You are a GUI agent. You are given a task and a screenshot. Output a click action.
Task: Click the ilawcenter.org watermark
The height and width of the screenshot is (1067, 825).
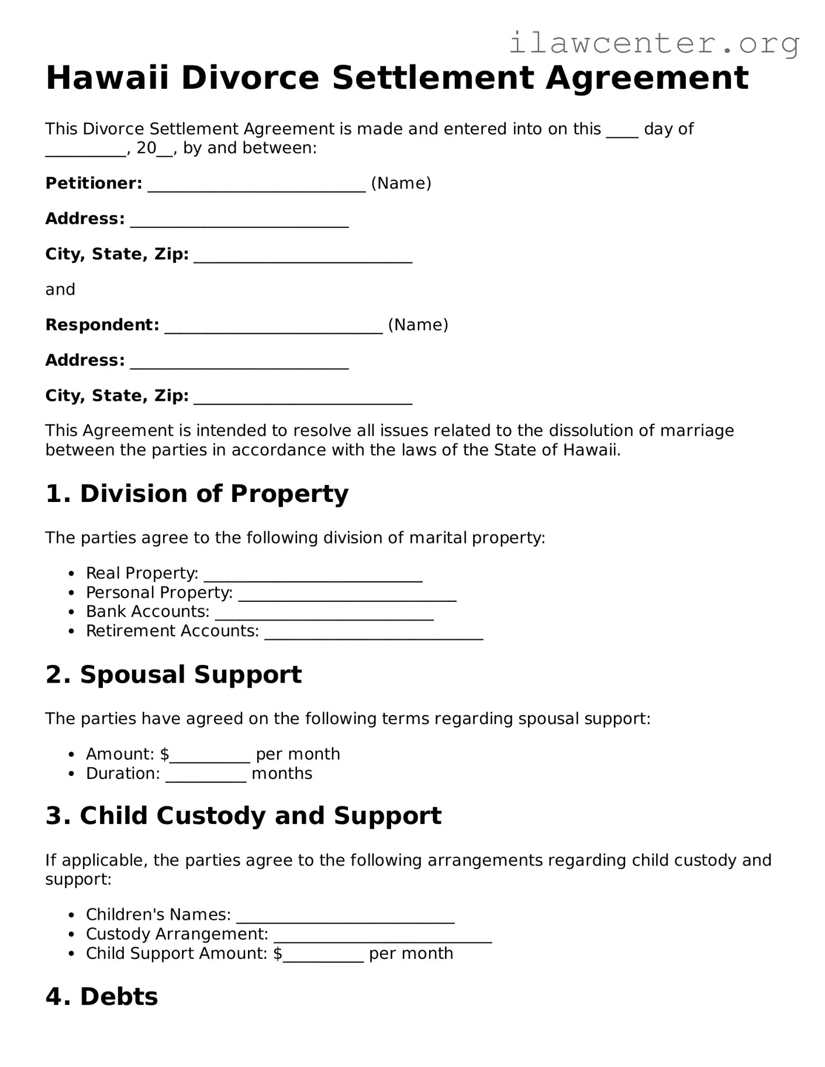pos(654,43)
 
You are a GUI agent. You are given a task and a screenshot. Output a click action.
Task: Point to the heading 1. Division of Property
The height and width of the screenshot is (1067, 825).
pos(196,494)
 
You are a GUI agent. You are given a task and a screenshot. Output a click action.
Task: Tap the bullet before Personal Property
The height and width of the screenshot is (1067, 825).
pos(71,593)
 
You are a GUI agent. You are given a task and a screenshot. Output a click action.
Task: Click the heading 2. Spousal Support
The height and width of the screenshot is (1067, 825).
pos(174,674)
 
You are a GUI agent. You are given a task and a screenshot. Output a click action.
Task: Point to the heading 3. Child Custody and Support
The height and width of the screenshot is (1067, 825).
pos(243,816)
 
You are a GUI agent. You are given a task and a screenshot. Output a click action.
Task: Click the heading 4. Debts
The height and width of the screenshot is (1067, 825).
pos(102,997)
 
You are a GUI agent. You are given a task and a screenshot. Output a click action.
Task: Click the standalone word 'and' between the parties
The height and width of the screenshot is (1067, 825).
pos(60,290)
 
